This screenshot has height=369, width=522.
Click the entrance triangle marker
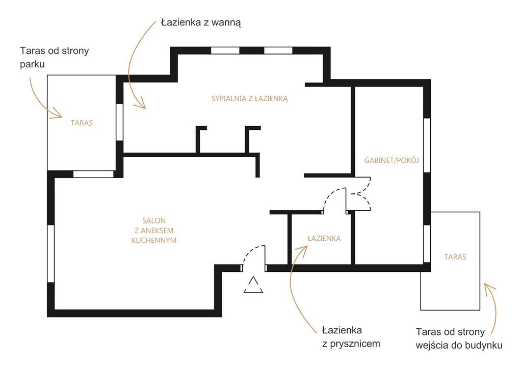click(253, 286)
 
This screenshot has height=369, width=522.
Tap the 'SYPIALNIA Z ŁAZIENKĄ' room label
click(250, 99)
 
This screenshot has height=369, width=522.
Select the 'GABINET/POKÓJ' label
click(391, 160)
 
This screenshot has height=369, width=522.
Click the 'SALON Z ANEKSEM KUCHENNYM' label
click(154, 230)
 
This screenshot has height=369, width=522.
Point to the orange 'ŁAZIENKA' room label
click(324, 238)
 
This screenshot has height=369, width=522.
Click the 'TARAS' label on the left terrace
click(82, 123)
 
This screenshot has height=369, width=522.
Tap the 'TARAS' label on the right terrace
click(455, 257)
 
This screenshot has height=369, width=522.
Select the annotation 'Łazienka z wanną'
click(200, 22)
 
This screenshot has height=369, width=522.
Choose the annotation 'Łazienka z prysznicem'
click(351, 336)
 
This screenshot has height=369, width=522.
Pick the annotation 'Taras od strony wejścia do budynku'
click(459, 338)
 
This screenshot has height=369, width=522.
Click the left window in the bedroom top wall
click(225, 50)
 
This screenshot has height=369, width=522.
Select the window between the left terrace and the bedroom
click(119, 122)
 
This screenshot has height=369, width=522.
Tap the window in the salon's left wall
click(51, 253)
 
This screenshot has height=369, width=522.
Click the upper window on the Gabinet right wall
click(427, 145)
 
